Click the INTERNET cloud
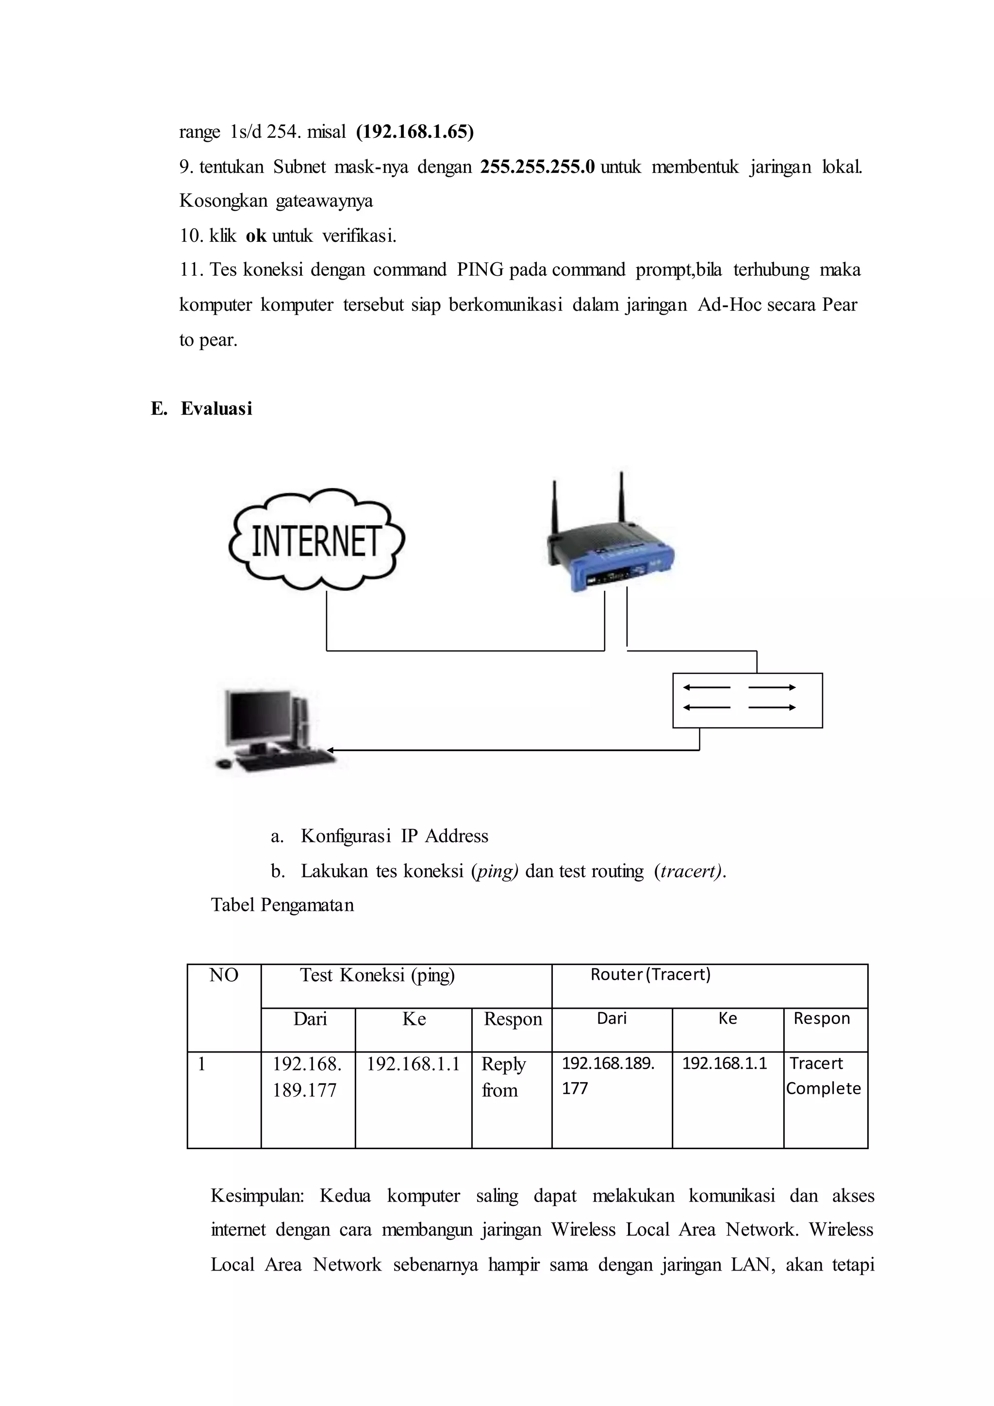pyautogui.click(x=316, y=540)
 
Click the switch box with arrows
pyautogui.click(x=747, y=700)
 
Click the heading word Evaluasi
pyautogui.click(x=216, y=409)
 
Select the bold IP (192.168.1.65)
pyautogui.click(x=415, y=132)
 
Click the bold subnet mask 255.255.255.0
pyautogui.click(x=537, y=167)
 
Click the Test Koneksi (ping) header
pyautogui.click(x=377, y=975)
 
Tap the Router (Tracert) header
pyautogui.click(x=650, y=974)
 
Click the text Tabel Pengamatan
pyautogui.click(x=282, y=905)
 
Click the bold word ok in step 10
pyautogui.click(x=256, y=236)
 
